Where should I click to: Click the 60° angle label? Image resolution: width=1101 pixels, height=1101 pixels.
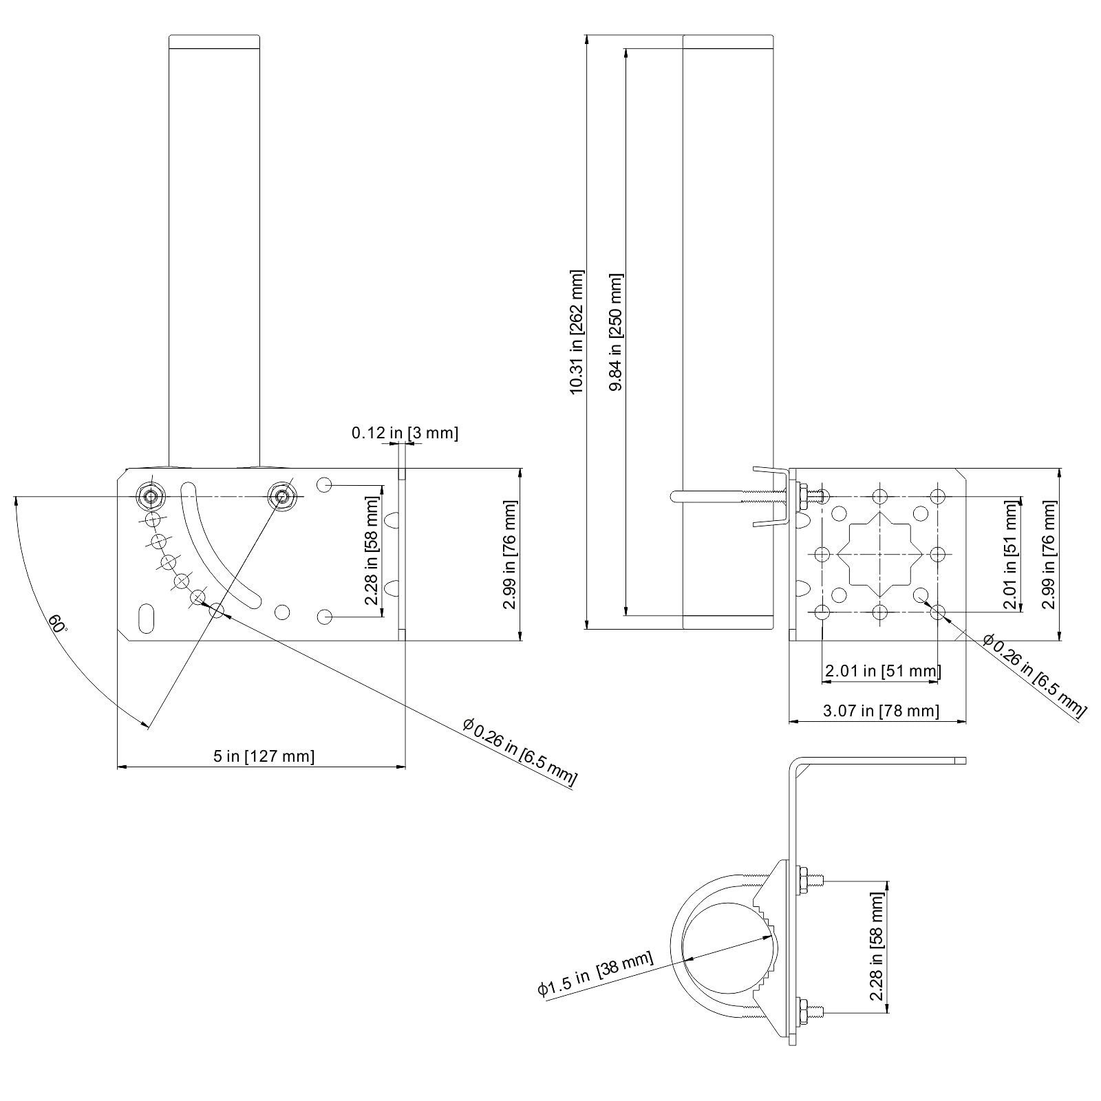58,623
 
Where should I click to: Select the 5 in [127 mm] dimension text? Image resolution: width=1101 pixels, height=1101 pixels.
264,756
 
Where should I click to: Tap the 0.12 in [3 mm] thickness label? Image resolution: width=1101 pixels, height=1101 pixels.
405,433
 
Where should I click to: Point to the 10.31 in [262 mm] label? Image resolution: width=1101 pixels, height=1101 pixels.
577,332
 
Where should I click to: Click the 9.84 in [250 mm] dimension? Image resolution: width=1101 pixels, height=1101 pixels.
616,332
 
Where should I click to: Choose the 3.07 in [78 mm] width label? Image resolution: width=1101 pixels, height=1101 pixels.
881,710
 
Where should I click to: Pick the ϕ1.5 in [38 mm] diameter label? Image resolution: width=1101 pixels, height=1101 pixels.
595,974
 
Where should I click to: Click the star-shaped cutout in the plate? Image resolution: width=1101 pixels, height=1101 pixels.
881,554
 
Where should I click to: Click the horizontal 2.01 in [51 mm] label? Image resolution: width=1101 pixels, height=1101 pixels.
881,670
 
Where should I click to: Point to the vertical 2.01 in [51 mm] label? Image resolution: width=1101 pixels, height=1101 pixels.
1009,555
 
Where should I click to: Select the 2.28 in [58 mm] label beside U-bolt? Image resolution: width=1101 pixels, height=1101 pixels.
876,947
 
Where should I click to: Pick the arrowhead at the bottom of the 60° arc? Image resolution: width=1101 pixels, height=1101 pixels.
145,725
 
